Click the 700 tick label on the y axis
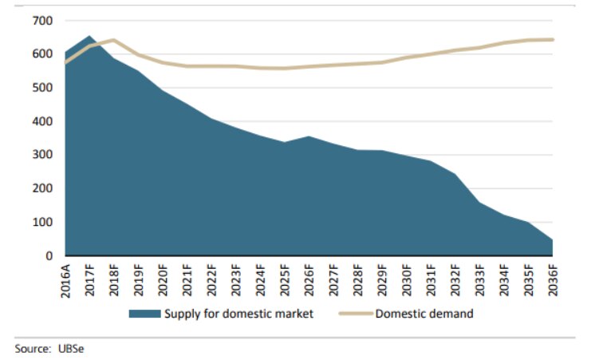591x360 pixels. pyautogui.click(x=42, y=21)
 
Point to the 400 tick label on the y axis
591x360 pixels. pyautogui.click(x=42, y=121)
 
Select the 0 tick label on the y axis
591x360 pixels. pyautogui.click(x=49, y=255)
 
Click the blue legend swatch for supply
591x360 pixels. pyautogui.click(x=144, y=314)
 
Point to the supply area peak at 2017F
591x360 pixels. pyautogui.click(x=90, y=37)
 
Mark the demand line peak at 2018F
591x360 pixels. pyautogui.click(x=114, y=40)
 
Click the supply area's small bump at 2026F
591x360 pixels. pyautogui.click(x=285, y=137)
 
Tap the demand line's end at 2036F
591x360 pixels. pyautogui.click(x=552, y=39)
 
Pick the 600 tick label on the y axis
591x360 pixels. pyautogui.click(x=42, y=54)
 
